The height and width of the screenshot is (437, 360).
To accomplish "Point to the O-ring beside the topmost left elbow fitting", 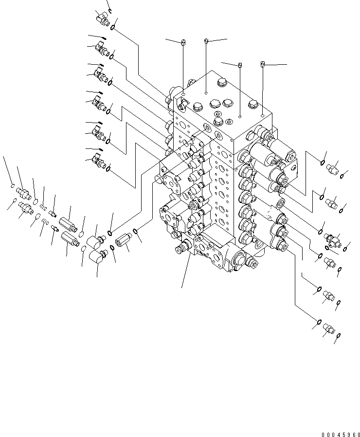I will coord(114,28).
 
